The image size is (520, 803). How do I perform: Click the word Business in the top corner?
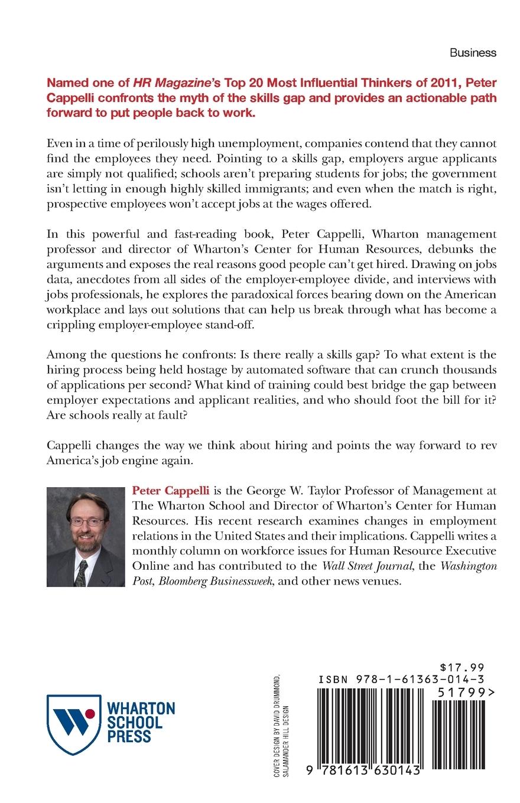473,53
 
